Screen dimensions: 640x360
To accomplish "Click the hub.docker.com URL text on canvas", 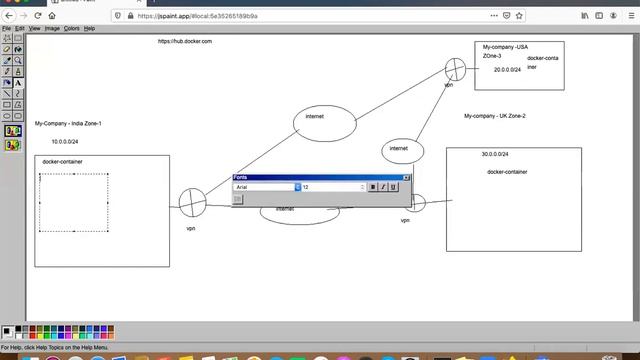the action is click(185, 41).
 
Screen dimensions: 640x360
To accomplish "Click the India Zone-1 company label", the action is click(68, 123).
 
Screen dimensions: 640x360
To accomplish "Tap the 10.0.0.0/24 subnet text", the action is click(65, 142).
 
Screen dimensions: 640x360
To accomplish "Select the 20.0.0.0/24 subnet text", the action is click(507, 70).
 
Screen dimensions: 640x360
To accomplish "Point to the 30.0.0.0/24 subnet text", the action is click(494, 154).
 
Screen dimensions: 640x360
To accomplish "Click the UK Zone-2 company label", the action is click(494, 116).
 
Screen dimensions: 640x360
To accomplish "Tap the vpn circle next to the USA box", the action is click(455, 69).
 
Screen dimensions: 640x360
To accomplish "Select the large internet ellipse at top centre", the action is click(324, 121).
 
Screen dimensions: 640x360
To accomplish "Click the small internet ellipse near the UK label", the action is click(399, 149).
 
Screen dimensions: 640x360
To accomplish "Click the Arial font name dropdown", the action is click(266, 187).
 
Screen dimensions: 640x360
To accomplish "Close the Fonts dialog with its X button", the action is click(406, 177).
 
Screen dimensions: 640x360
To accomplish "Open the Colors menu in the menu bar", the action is click(72, 29).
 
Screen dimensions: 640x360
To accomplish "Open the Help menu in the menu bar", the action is click(89, 29).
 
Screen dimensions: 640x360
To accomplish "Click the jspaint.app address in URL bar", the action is click(210, 16).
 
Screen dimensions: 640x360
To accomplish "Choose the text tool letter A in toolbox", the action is click(18, 83).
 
